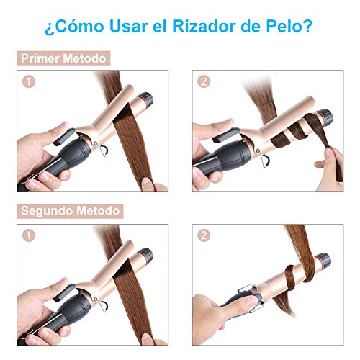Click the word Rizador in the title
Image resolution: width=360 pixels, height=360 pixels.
[x=204, y=26]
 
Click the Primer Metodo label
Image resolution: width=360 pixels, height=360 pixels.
[x=63, y=58]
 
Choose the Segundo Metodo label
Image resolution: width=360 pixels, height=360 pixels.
[x=70, y=211]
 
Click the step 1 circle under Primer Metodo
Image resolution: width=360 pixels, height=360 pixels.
[x=29, y=82]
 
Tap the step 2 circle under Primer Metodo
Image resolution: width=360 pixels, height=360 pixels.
[x=204, y=82]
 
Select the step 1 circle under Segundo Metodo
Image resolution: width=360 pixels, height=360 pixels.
[x=29, y=235]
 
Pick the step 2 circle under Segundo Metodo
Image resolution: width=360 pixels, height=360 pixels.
[x=204, y=235]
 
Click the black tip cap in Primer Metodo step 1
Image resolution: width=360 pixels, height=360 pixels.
[x=147, y=99]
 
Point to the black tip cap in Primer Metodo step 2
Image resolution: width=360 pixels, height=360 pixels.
[x=326, y=117]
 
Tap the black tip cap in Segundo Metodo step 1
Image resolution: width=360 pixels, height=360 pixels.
[x=147, y=255]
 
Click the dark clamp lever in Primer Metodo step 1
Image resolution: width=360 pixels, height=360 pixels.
[x=64, y=137]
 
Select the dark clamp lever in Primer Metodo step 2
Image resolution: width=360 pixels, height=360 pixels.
[x=226, y=135]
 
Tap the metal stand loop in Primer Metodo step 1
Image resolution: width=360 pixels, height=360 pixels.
[x=102, y=150]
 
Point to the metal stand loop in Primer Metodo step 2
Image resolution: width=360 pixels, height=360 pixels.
[x=264, y=160]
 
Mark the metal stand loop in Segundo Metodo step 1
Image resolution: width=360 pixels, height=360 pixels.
[x=102, y=305]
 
